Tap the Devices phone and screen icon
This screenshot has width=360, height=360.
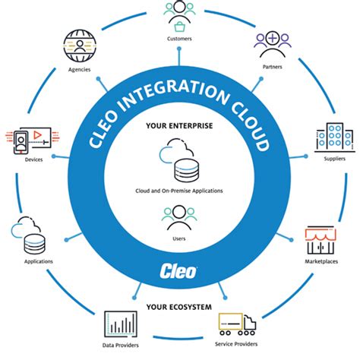click(30, 140)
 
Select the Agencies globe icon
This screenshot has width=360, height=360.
click(79, 47)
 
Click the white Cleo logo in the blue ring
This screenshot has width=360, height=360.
click(180, 270)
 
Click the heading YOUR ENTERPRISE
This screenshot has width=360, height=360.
click(180, 125)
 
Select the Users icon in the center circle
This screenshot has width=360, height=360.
click(179, 219)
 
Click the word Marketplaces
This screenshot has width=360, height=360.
click(321, 264)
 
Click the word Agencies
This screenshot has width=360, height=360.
click(79, 70)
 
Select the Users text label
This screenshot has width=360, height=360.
click(180, 239)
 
